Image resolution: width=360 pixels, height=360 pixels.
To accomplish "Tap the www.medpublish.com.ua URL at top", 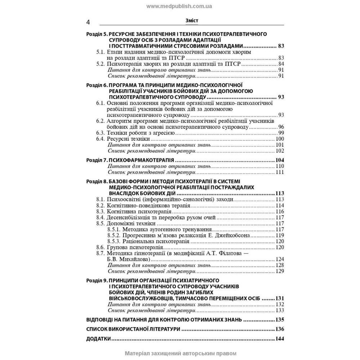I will click(179, 6).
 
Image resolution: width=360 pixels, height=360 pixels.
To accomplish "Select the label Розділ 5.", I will click(97, 34).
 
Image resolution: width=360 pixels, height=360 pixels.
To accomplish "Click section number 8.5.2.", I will click(114, 235).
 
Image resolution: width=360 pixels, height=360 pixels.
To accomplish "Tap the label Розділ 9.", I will click(97, 280).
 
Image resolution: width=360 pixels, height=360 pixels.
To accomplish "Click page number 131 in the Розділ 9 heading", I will click(280, 298).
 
